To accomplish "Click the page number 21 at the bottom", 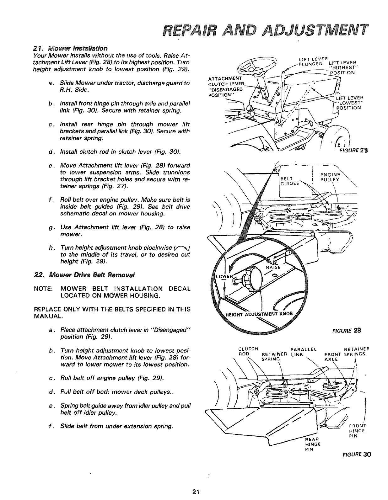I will (197, 491).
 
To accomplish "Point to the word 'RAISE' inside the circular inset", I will (272, 267).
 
